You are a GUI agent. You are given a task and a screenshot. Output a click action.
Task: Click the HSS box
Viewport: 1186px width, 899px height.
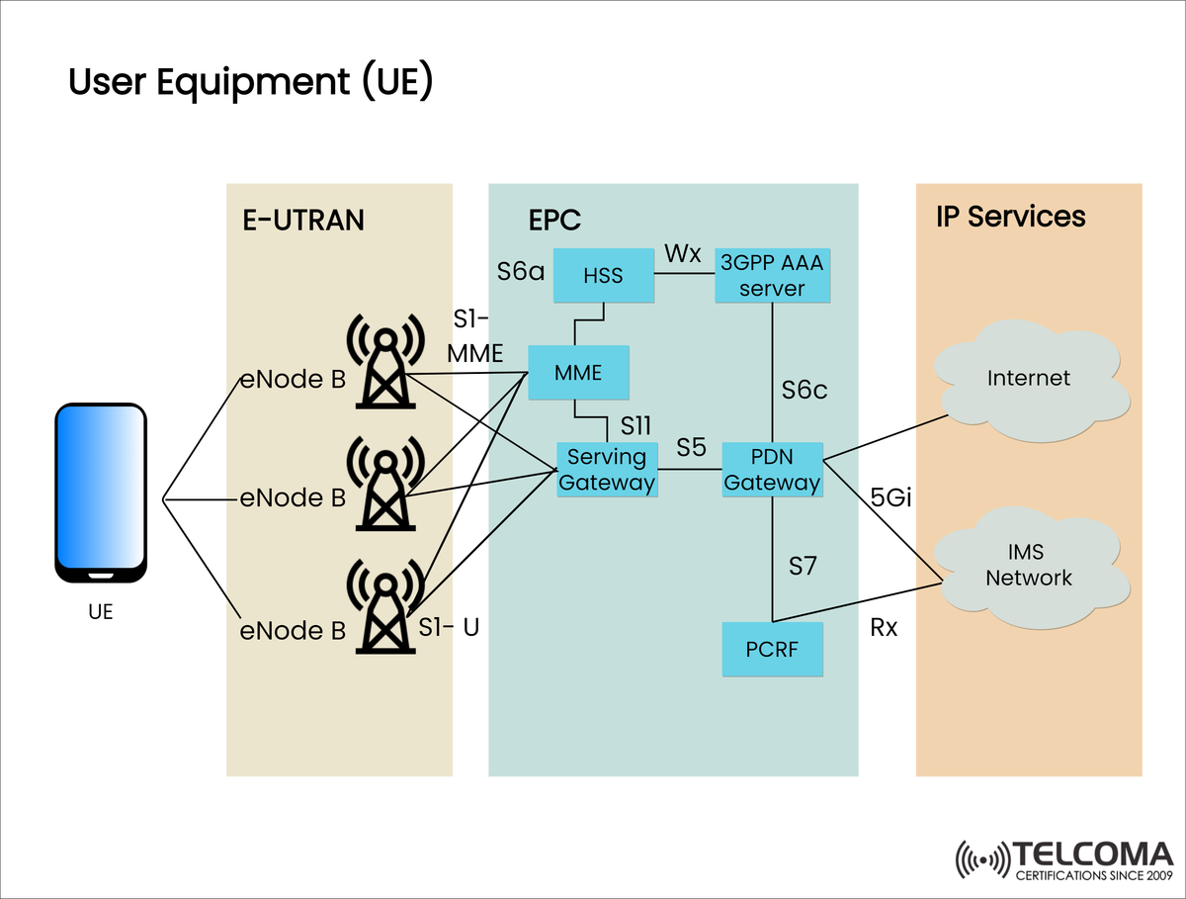coord(603,275)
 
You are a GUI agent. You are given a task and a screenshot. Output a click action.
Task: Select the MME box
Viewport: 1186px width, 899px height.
coord(578,372)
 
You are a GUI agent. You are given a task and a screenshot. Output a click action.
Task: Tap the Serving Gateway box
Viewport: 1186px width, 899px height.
coord(607,470)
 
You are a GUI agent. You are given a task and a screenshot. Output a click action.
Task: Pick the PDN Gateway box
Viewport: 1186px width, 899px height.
coord(772,470)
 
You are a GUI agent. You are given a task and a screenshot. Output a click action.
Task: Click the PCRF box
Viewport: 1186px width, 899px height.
coord(772,650)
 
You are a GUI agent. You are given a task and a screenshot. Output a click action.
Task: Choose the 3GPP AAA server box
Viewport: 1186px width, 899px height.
coord(772,275)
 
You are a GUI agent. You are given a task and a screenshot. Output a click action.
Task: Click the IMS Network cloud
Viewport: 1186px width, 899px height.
coord(1029,567)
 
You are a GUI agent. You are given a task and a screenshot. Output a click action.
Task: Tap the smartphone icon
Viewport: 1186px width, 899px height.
coord(100,494)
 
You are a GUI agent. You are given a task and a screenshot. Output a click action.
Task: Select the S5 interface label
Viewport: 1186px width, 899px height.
coord(691,448)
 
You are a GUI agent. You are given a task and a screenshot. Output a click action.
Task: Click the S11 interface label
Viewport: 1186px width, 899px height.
coord(635,425)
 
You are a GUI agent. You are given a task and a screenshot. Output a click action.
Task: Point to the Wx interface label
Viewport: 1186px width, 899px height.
coord(682,253)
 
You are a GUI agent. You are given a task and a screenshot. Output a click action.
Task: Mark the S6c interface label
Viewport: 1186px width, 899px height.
coord(805,390)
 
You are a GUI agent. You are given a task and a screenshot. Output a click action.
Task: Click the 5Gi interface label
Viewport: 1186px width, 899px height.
coord(890,497)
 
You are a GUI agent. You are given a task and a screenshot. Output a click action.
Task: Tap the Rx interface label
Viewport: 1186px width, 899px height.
coord(884,627)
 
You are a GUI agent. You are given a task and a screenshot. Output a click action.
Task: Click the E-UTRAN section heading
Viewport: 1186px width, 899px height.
coord(303,220)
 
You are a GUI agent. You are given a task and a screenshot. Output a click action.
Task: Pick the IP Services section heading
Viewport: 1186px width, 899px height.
coord(1010,217)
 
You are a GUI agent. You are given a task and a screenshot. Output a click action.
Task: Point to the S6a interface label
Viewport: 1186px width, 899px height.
coord(521,270)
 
